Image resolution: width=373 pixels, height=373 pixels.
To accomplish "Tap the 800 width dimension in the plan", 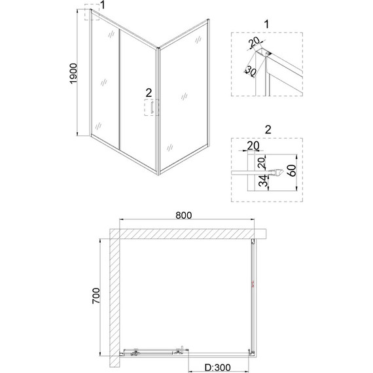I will [184, 213].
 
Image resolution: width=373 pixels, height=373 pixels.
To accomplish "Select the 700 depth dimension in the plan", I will [96, 299].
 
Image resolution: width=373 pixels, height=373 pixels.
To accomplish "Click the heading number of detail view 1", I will [266, 24].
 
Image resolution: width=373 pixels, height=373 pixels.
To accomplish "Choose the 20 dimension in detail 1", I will [253, 44].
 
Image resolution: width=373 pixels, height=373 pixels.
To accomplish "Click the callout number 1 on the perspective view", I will [101, 7].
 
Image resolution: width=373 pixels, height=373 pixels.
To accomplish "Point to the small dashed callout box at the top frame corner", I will [92, 14].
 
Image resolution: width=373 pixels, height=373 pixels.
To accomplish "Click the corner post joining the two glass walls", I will [158, 111].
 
